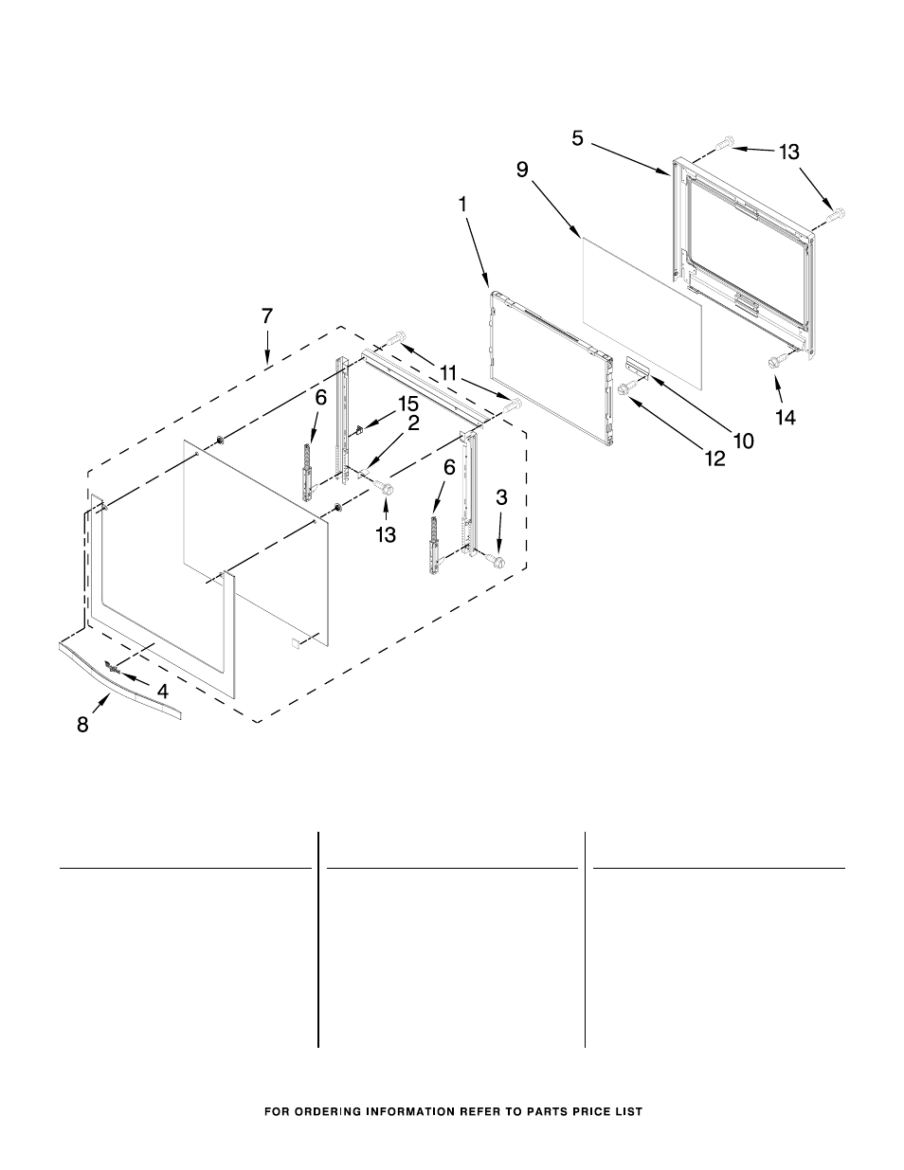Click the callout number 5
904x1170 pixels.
[x=577, y=138]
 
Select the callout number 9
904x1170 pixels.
[x=522, y=170]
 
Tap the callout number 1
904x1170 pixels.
[x=462, y=205]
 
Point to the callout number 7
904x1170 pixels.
[x=267, y=315]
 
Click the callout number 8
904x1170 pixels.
[x=82, y=725]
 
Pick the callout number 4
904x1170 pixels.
[x=162, y=692]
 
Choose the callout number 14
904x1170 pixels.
[x=786, y=417]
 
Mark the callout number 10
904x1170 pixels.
[x=744, y=441]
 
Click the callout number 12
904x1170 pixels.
[x=715, y=459]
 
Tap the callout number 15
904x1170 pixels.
[x=408, y=404]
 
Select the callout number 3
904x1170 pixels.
[x=501, y=498]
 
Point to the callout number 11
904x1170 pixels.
[x=448, y=372]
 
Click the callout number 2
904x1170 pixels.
[x=413, y=423]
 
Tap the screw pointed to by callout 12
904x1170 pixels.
[x=626, y=388]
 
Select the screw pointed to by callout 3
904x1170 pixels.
[x=497, y=562]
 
